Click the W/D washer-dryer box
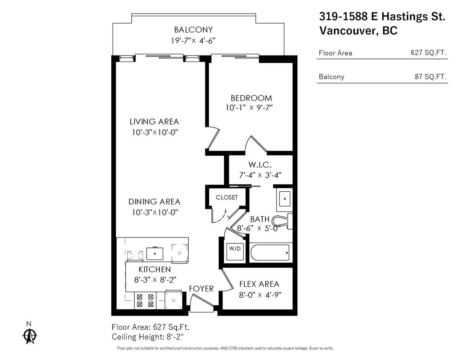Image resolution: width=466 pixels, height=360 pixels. [x=235, y=252]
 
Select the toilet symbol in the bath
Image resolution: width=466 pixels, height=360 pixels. [x=283, y=221]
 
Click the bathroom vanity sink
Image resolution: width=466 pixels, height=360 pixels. [x=284, y=199]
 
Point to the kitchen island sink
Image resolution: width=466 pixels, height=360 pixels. [x=155, y=253]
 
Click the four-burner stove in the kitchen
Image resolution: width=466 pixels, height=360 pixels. [x=145, y=301]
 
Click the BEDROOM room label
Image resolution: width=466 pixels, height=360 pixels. [x=251, y=98]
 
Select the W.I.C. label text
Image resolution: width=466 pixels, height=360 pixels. [x=260, y=165]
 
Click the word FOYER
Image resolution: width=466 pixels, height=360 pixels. [x=201, y=289]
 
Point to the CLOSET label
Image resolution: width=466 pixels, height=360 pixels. [x=227, y=197]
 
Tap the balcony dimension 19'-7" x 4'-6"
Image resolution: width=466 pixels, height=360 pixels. [x=193, y=40]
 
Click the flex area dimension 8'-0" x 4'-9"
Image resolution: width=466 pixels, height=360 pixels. [x=260, y=295]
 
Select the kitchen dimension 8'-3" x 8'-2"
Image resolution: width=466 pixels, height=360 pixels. [x=155, y=280]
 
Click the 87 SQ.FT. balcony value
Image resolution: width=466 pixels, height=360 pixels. [x=430, y=76]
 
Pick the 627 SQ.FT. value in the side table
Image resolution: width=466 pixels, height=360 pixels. [x=428, y=52]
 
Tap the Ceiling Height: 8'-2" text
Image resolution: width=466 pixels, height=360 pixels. [x=148, y=337]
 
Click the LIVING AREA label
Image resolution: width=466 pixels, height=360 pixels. [x=154, y=122]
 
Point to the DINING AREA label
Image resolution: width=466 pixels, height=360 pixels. [x=155, y=202]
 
